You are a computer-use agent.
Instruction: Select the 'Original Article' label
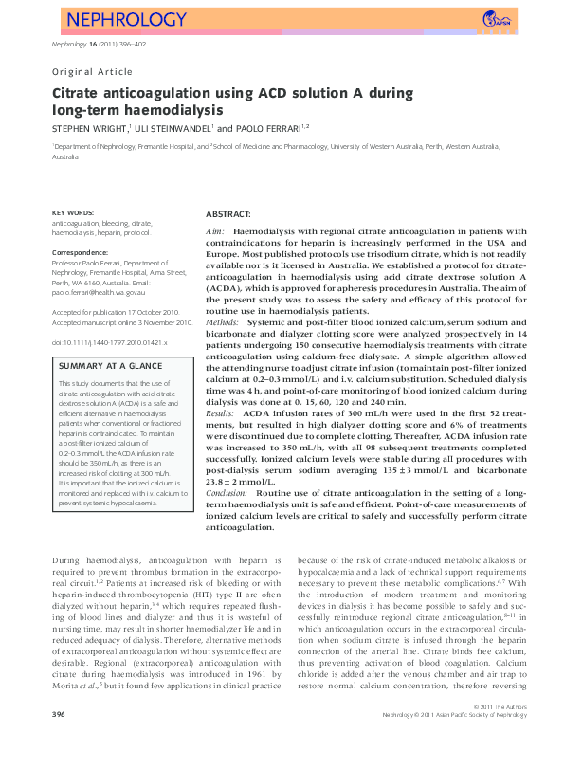[x=92, y=71]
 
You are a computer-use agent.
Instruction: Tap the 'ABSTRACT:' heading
[x=228, y=215]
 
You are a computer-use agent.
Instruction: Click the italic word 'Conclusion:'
[x=228, y=493]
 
